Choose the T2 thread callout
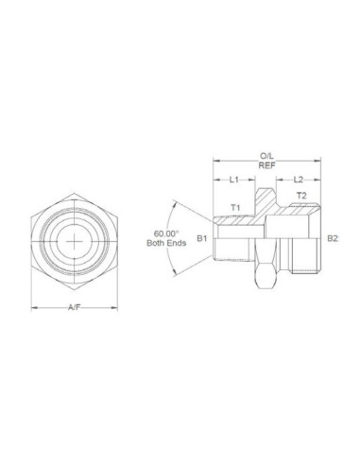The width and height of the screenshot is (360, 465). click(x=300, y=197)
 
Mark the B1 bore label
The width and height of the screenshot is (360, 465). click(x=201, y=239)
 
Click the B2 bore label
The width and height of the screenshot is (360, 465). click(x=333, y=239)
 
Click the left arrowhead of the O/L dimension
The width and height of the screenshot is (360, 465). click(x=216, y=160)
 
